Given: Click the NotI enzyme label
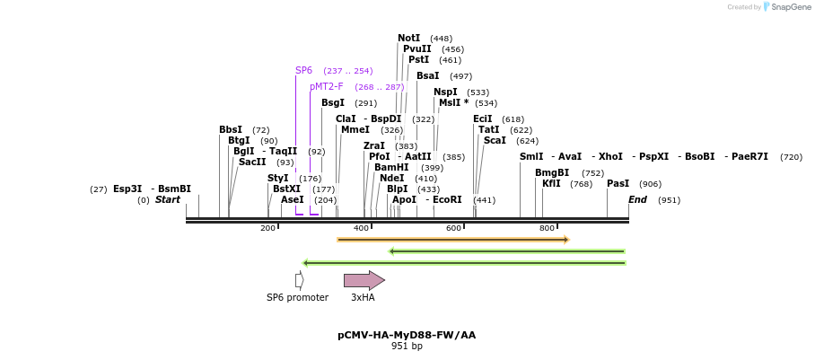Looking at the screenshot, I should point(408,39).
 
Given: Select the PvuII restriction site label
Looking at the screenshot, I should point(416,49).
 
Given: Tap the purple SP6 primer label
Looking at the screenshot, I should point(303,71).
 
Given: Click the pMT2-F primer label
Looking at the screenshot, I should point(326,87).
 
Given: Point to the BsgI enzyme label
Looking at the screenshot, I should point(332,103).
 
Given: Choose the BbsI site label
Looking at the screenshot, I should point(230,130).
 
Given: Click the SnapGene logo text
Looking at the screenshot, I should point(791,7).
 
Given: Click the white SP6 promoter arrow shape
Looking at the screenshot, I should point(299,280).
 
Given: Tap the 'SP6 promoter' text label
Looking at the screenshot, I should point(297,298).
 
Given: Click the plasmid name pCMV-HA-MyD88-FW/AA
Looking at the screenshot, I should point(407,335).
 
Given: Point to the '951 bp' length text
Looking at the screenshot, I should point(407,347).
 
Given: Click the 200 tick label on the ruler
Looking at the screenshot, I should point(267,229).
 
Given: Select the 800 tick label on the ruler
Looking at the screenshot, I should point(547,229).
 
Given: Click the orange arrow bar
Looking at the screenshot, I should point(452,240).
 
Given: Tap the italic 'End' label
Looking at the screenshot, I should point(637,199).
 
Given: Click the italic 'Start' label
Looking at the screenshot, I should point(167,199).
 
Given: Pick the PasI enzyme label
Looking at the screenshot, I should point(618,184).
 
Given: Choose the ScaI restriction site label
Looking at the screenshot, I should point(495,141).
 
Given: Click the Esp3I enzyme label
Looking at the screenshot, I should point(127,189).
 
